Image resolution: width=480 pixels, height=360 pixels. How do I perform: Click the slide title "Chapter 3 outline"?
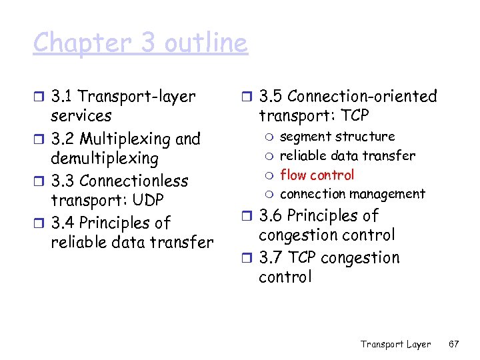[140, 43]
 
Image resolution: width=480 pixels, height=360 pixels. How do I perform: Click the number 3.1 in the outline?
[63, 97]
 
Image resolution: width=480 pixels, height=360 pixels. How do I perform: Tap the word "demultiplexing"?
[105, 159]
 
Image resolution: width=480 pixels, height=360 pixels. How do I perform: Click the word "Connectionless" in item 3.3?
[133, 181]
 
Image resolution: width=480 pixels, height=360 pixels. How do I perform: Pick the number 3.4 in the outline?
[64, 223]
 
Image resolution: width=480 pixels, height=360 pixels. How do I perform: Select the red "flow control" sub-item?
[317, 175]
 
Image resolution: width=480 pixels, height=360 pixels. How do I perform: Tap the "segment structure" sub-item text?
[337, 137]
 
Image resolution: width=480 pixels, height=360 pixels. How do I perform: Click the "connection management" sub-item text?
[352, 194]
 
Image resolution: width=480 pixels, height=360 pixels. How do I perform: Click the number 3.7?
[271, 258]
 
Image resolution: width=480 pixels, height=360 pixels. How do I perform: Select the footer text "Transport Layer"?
[395, 344]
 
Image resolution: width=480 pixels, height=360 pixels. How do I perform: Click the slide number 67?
[454, 344]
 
